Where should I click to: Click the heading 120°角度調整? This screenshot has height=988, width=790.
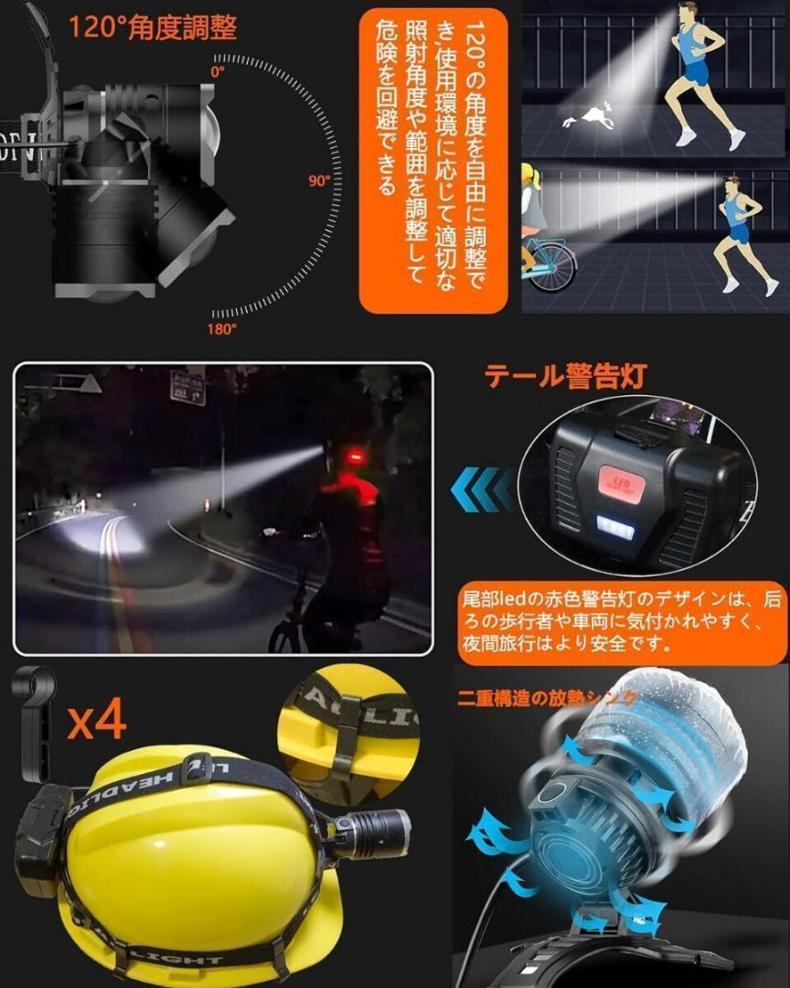pos(153,27)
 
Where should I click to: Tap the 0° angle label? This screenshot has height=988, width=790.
pos(217,70)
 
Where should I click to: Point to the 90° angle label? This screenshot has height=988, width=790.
pos(319,181)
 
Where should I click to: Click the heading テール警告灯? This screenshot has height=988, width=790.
pos(565,375)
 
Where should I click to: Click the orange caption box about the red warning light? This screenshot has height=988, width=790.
pos(623,623)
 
